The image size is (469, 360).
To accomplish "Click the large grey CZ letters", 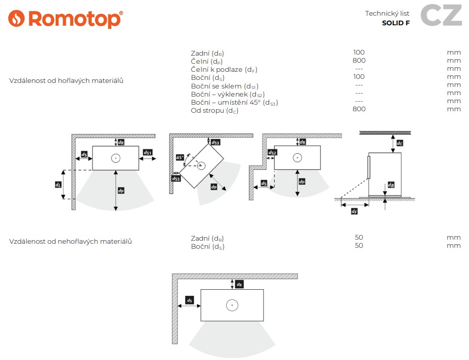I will click(x=441, y=15).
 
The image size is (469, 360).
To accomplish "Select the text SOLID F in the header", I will click(x=396, y=23).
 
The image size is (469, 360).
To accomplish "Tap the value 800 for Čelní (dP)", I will click(x=359, y=61).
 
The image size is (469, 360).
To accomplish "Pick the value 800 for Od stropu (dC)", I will click(x=359, y=109).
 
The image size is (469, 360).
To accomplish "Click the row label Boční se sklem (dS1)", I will click(x=225, y=86).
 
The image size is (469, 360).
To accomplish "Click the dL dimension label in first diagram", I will click(x=58, y=185).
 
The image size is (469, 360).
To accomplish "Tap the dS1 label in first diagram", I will click(x=148, y=153).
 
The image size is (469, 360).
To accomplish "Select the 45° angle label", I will click(x=179, y=158).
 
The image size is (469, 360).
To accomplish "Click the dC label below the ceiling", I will click(x=400, y=143).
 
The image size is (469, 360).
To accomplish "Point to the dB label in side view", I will click(x=391, y=185).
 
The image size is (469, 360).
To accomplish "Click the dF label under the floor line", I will click(x=355, y=211).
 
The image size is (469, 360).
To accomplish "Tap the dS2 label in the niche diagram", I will click(x=273, y=153).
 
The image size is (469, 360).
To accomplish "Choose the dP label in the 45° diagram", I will click(x=214, y=187).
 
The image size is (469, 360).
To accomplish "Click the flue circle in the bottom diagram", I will click(x=232, y=305).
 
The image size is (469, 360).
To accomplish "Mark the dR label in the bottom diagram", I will click(x=239, y=284).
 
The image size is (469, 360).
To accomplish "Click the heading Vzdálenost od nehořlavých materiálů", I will click(x=71, y=242).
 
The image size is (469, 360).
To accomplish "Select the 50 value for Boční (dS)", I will click(x=359, y=246).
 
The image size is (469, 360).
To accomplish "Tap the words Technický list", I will click(x=387, y=14).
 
